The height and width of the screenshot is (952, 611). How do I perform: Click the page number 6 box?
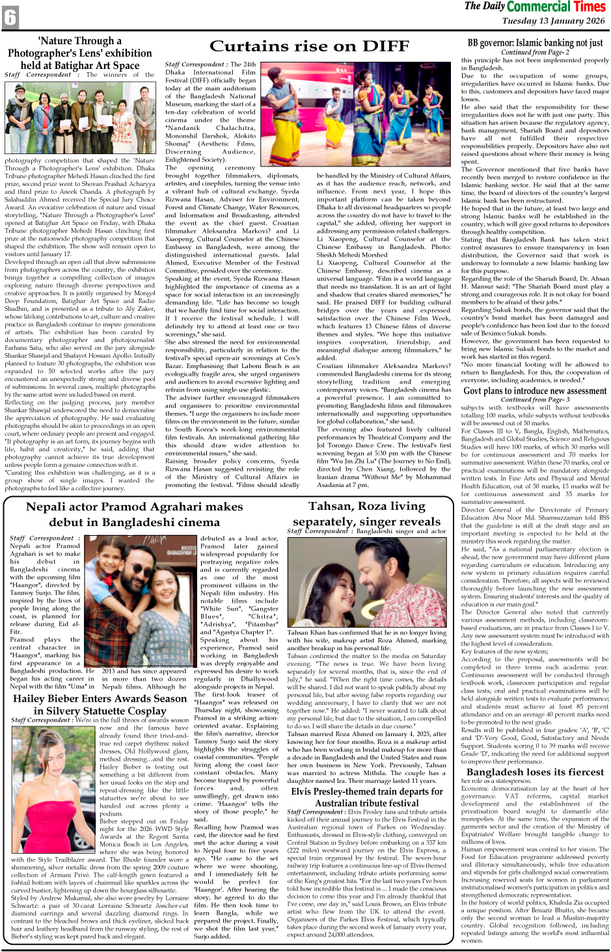(x=10, y=18)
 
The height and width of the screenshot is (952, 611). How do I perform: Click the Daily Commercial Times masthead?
(x=535, y=7)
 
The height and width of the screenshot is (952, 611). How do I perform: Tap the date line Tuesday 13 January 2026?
(x=553, y=21)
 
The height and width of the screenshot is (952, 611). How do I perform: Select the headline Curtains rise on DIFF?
(x=309, y=46)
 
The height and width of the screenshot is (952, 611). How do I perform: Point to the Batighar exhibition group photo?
(x=80, y=118)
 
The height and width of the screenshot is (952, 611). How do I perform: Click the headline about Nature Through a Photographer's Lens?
(x=79, y=53)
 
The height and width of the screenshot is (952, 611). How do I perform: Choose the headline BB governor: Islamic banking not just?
(x=535, y=43)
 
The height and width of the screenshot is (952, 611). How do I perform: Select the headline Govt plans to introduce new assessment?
(x=535, y=391)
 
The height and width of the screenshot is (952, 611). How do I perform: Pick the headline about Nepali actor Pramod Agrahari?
(x=135, y=514)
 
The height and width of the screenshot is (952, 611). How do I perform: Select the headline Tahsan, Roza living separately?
(x=366, y=513)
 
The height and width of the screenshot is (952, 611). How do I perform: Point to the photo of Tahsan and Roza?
(x=366, y=582)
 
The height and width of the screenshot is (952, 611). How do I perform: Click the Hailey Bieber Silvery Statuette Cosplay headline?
(x=100, y=705)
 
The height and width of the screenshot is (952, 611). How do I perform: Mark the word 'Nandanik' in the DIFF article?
(x=183, y=128)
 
